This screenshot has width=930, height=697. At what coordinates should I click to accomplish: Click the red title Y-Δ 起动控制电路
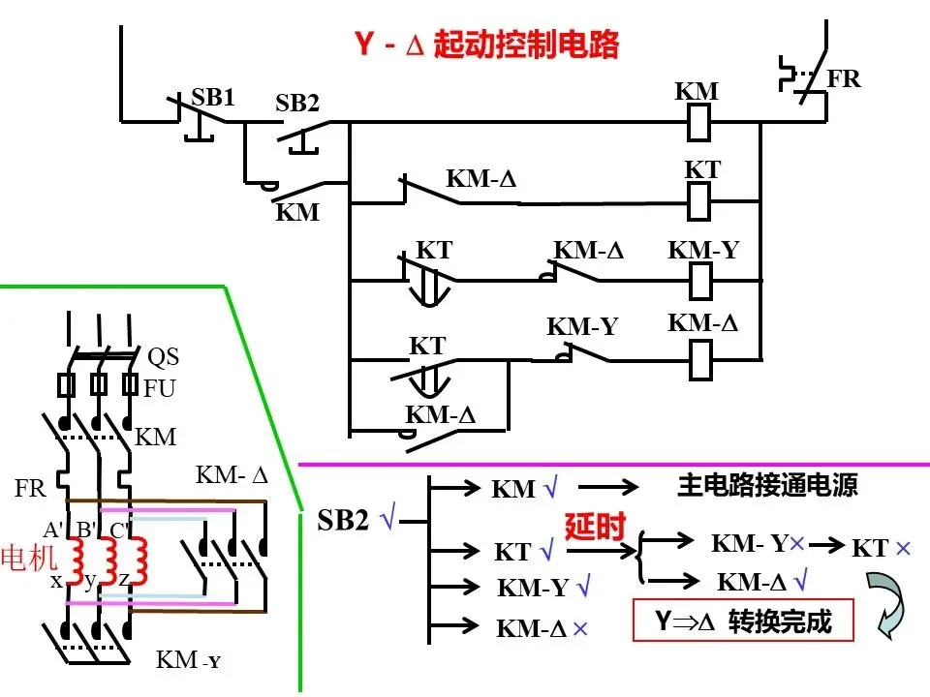[486, 45]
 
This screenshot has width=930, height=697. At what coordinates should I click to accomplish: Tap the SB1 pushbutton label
[213, 97]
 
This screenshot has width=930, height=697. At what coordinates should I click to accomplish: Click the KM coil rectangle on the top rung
[698, 123]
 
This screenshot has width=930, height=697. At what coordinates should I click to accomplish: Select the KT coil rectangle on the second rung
[698, 201]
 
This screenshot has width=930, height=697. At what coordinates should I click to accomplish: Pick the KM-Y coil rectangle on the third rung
[700, 281]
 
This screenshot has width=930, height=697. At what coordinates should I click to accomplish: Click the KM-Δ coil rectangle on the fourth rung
[700, 360]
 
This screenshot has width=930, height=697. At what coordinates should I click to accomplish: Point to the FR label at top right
[844, 78]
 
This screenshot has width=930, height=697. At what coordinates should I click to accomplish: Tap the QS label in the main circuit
[163, 357]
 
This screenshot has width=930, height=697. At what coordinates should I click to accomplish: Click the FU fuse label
[160, 389]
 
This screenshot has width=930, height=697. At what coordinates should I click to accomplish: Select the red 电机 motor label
[29, 558]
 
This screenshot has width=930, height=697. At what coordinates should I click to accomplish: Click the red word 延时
[595, 527]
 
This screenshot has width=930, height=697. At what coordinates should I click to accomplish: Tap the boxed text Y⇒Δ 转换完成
[743, 621]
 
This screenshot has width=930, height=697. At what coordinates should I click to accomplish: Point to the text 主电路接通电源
[767, 485]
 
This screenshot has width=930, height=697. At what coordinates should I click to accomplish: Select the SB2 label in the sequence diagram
[343, 520]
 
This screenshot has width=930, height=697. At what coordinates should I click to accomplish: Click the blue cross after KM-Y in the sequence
[796, 543]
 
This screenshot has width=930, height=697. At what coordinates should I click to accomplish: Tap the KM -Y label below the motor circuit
[188, 659]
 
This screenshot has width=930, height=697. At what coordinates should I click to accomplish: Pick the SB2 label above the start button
[297, 104]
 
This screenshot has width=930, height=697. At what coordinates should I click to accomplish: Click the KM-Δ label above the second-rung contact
[481, 178]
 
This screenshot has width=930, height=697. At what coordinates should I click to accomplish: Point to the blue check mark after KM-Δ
[801, 580]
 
